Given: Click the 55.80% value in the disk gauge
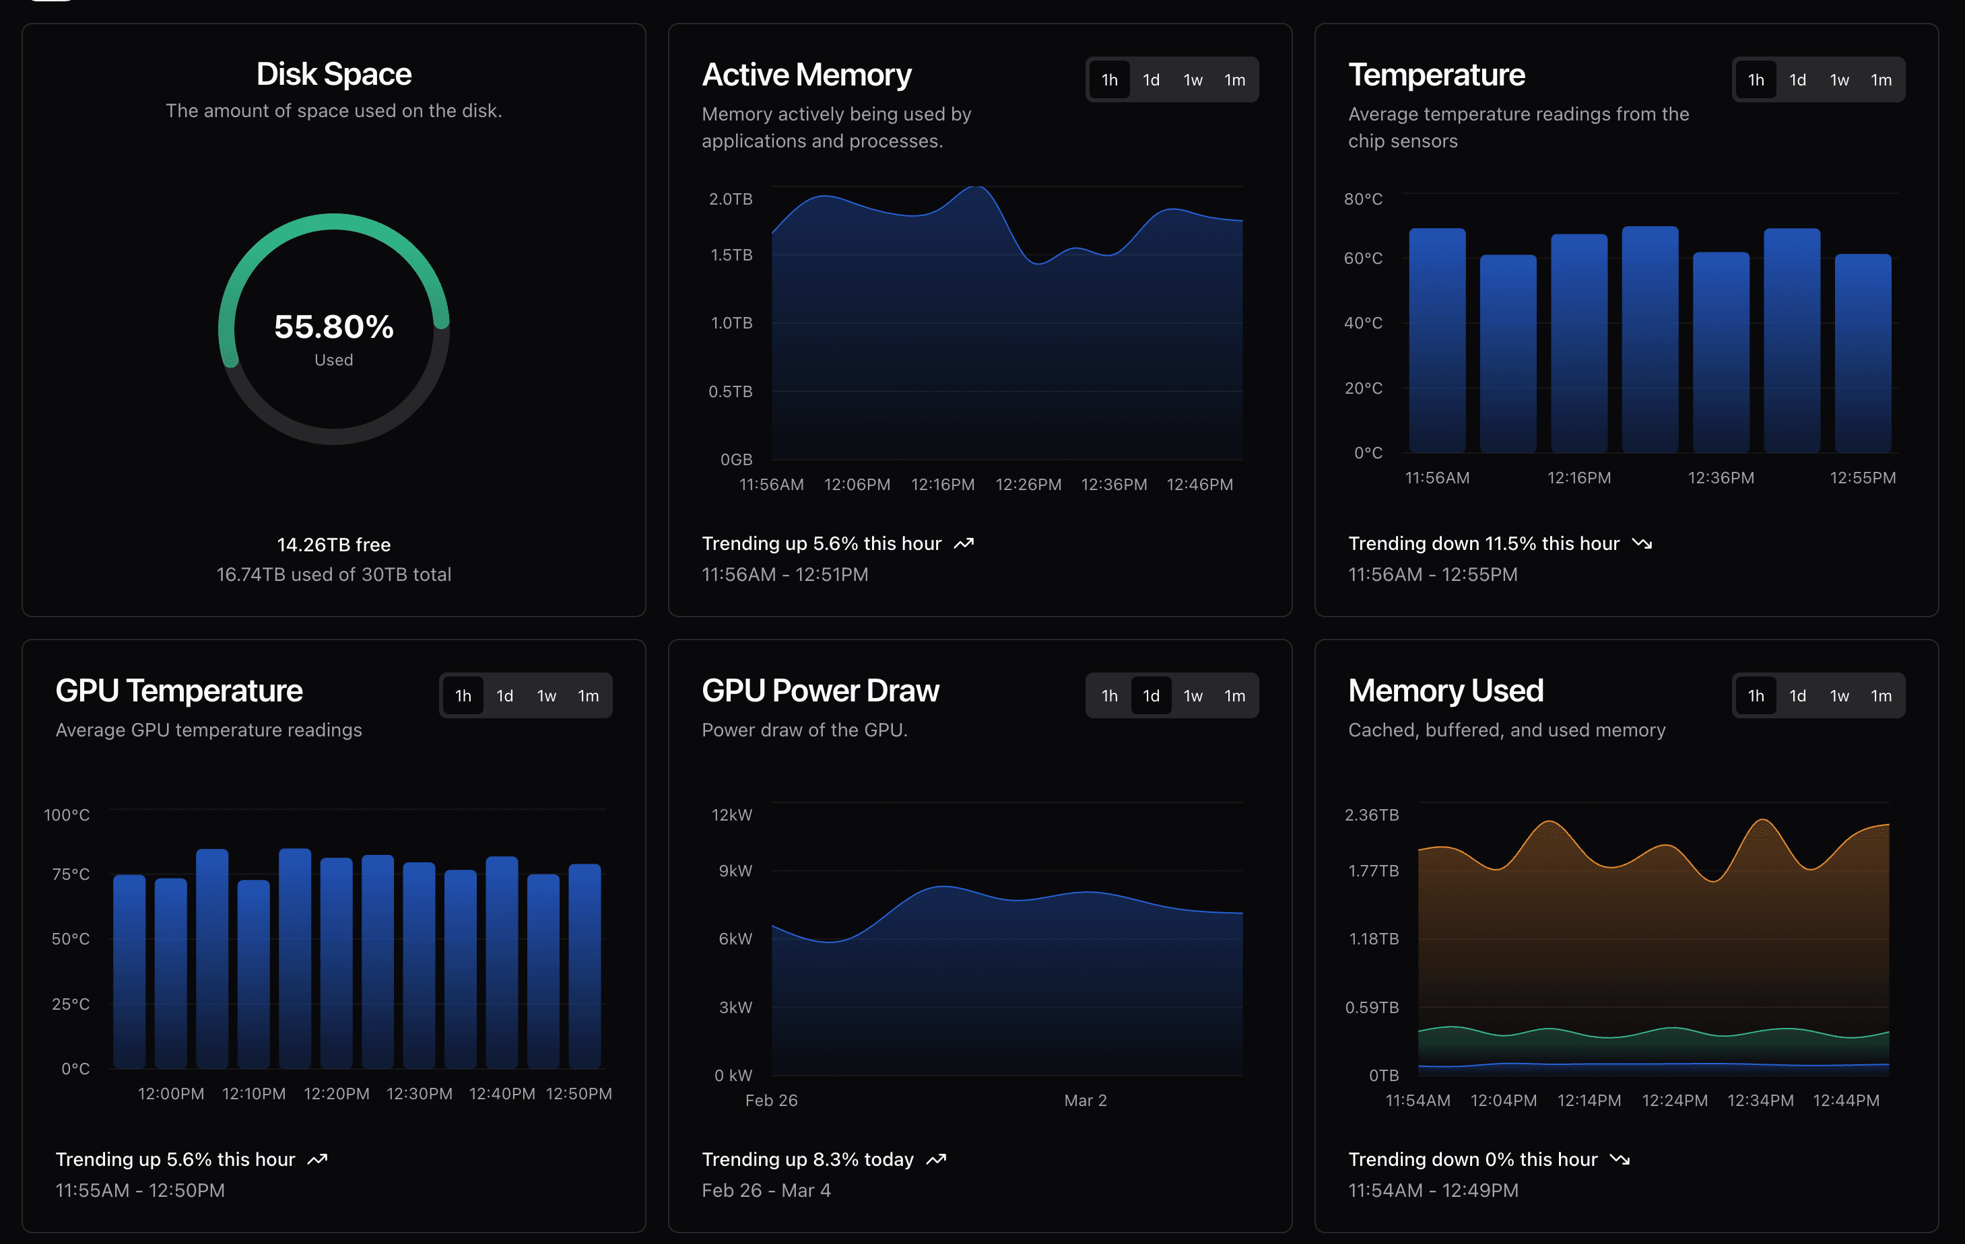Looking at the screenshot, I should pyautogui.click(x=334, y=326).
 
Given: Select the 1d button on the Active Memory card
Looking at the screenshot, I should pyautogui.click(x=1151, y=80).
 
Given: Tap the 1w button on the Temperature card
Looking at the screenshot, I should pyautogui.click(x=1838, y=80).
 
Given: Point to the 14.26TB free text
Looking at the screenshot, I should pyautogui.click(x=334, y=544).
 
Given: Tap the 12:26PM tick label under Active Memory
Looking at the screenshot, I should pyautogui.click(x=1028, y=485).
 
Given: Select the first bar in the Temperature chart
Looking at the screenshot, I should pyautogui.click(x=1437, y=343).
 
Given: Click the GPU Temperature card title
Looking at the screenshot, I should pyautogui.click(x=178, y=691).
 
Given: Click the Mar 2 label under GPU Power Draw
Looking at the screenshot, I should pyautogui.click(x=1086, y=1101).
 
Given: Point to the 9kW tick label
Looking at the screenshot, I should pyautogui.click(x=735, y=870).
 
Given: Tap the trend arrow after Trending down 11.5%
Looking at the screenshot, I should pyautogui.click(x=1642, y=543).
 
